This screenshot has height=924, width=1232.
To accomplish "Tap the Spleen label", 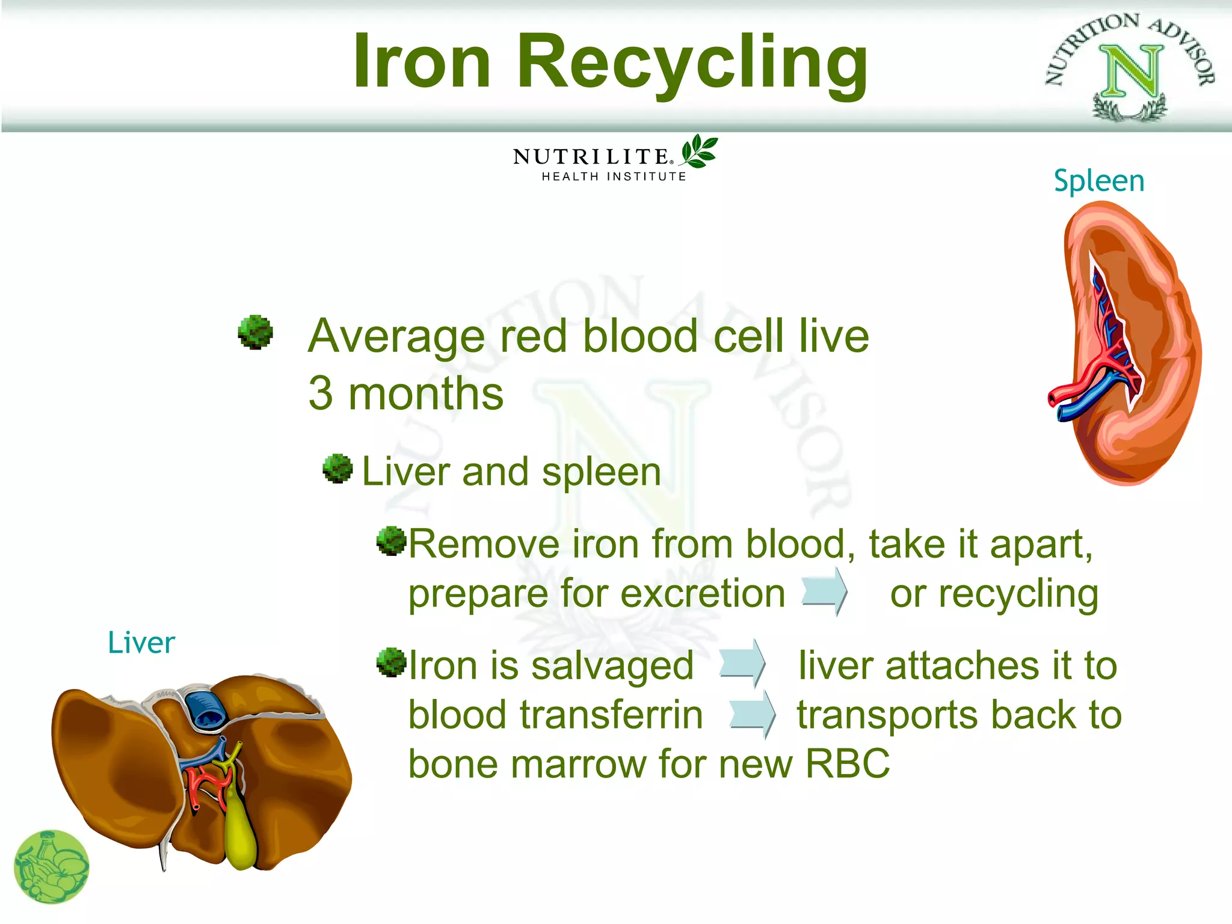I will (x=1098, y=180).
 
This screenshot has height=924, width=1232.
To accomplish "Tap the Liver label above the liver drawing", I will (x=141, y=642).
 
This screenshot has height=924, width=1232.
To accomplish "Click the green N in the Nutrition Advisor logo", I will (x=1132, y=71).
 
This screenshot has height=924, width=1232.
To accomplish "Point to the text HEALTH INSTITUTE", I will (x=614, y=177).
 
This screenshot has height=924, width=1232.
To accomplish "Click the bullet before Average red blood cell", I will (x=256, y=331).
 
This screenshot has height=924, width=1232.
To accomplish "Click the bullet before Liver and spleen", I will (x=337, y=469).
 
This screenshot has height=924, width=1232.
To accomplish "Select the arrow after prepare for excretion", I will (x=825, y=593).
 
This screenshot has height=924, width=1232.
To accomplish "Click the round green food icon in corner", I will (x=52, y=867).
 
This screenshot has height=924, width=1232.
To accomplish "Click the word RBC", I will (x=847, y=764).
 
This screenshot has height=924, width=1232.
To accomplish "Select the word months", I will (x=425, y=394).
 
